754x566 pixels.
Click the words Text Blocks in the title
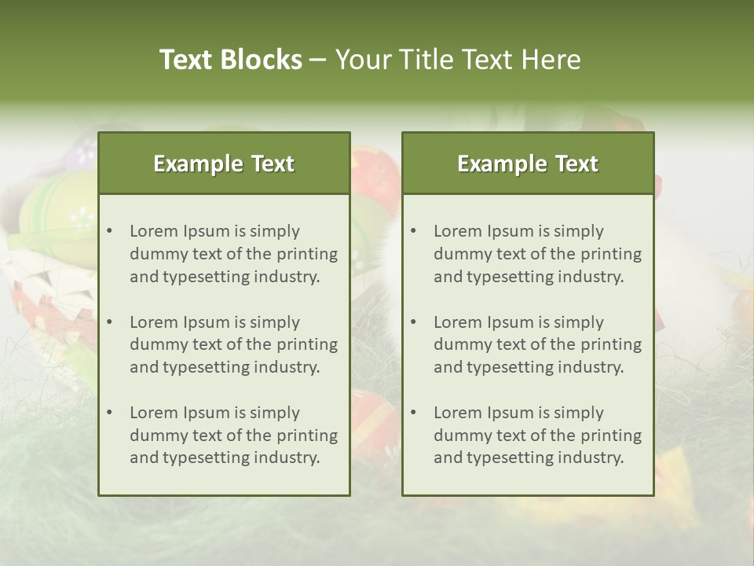click(230, 60)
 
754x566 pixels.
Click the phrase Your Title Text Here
click(458, 60)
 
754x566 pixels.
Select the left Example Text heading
click(224, 164)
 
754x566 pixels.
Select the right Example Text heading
click(528, 164)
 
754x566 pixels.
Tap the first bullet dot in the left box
click(110, 231)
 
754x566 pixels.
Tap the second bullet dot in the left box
click(110, 322)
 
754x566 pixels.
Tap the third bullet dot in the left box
click(110, 413)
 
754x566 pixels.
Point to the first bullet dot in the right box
click(414, 231)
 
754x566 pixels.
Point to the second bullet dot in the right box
click(414, 322)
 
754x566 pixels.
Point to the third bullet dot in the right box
click(414, 413)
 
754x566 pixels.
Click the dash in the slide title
click(318, 61)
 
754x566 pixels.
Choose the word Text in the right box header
click(577, 164)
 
